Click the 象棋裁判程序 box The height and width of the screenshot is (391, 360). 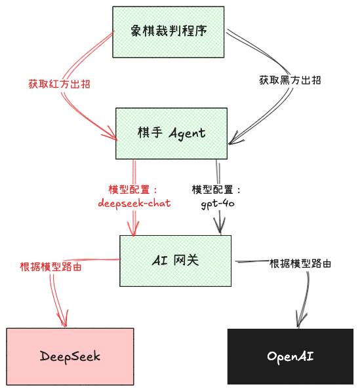point(169,32)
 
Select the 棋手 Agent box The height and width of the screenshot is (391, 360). point(171,134)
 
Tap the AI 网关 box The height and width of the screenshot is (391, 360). point(175,261)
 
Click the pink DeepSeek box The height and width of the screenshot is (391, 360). point(70,356)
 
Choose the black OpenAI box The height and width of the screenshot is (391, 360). point(290,356)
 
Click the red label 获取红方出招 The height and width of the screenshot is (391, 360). point(59,84)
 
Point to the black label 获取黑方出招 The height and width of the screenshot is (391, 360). point(290,81)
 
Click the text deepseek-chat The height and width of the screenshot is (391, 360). point(134,203)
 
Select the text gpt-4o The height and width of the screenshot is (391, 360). point(218,204)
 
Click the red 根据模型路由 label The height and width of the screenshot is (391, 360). point(50,267)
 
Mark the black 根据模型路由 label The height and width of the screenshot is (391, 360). point(300,263)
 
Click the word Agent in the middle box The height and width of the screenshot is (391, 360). point(188,134)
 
